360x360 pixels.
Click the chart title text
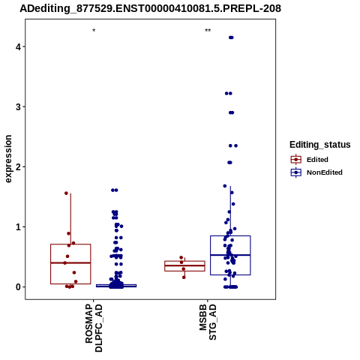[x=151, y=8]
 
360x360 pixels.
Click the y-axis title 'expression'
[x=8, y=159]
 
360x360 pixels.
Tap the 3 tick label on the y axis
[x=18, y=106]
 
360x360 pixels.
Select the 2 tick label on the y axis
[x=18, y=166]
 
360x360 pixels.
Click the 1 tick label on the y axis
[x=18, y=227]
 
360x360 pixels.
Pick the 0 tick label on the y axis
[x=18, y=287]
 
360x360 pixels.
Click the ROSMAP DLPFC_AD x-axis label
[x=94, y=328]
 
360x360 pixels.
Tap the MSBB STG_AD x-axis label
[x=208, y=322]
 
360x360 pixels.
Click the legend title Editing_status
[x=320, y=145]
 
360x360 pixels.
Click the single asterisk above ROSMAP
[x=94, y=31]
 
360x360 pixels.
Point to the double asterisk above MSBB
[x=208, y=31]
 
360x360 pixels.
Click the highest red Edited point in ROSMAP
[x=66, y=193]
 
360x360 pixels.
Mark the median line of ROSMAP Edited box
[x=70, y=262]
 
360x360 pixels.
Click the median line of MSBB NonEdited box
[x=230, y=255]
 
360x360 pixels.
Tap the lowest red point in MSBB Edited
[x=184, y=277]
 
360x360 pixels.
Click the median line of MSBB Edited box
[x=184, y=265]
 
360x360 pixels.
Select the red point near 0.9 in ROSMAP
[x=69, y=233]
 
